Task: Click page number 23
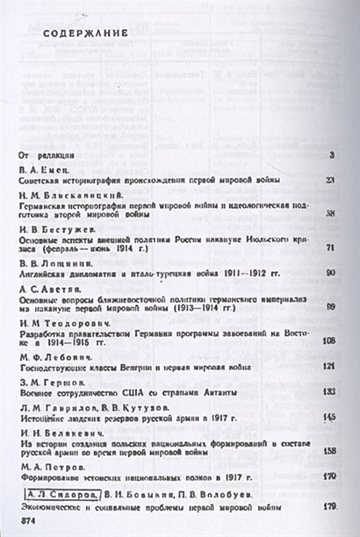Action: (330, 180)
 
